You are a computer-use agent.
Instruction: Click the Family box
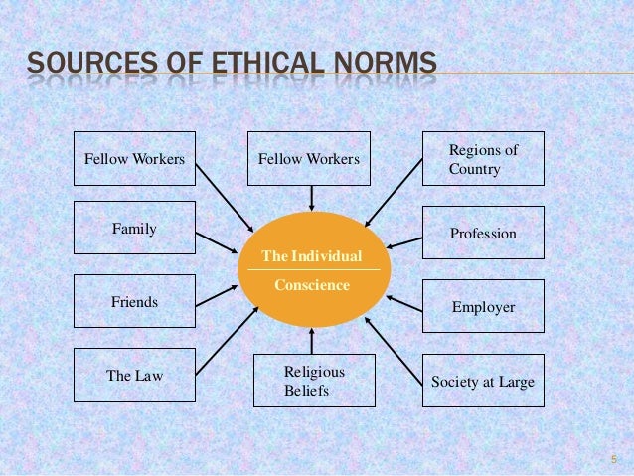[134, 230]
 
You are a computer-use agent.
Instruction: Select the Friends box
[134, 301]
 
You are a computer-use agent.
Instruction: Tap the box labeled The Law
[134, 376]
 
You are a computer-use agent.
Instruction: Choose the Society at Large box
[483, 382]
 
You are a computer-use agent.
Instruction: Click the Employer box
[483, 307]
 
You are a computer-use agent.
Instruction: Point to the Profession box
[483, 234]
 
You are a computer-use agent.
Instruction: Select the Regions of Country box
[483, 159]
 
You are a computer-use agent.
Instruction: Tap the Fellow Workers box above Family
[134, 157]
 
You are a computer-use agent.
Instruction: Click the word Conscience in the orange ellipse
[311, 285]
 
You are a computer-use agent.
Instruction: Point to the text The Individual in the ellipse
[311, 257]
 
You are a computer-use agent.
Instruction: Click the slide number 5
[614, 459]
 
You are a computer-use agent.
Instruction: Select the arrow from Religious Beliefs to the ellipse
[312, 340]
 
